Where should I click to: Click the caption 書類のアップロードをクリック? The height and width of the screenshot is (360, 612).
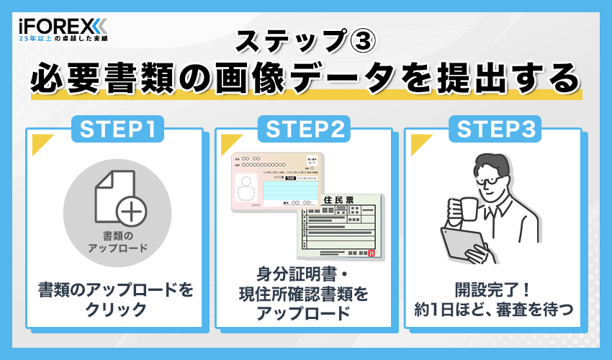[117, 300]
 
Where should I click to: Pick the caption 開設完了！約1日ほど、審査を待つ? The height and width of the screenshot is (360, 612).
[494, 300]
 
